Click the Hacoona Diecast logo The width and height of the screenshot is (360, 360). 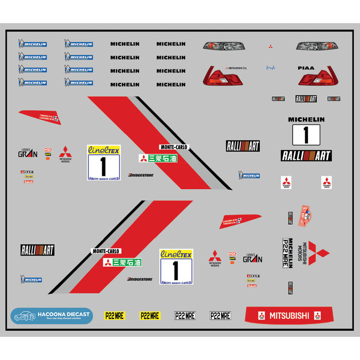(51, 316)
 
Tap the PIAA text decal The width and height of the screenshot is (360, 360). (305, 68)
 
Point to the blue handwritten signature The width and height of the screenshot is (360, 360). (271, 67)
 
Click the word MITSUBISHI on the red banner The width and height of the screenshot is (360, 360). (289, 316)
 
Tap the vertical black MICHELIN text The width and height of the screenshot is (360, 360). (291, 253)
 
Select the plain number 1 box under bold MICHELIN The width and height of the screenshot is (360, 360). (306, 135)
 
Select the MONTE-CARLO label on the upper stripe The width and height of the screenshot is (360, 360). (174, 147)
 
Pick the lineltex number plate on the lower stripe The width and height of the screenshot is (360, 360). (176, 267)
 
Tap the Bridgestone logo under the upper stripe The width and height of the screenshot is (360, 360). (141, 175)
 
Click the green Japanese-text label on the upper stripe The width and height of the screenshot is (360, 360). (158, 158)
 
